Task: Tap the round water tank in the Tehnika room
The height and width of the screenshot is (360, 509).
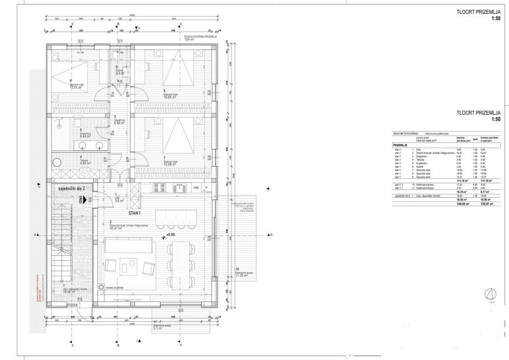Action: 58,163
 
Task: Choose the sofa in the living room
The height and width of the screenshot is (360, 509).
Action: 127,245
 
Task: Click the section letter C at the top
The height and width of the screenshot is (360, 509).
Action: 73,25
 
